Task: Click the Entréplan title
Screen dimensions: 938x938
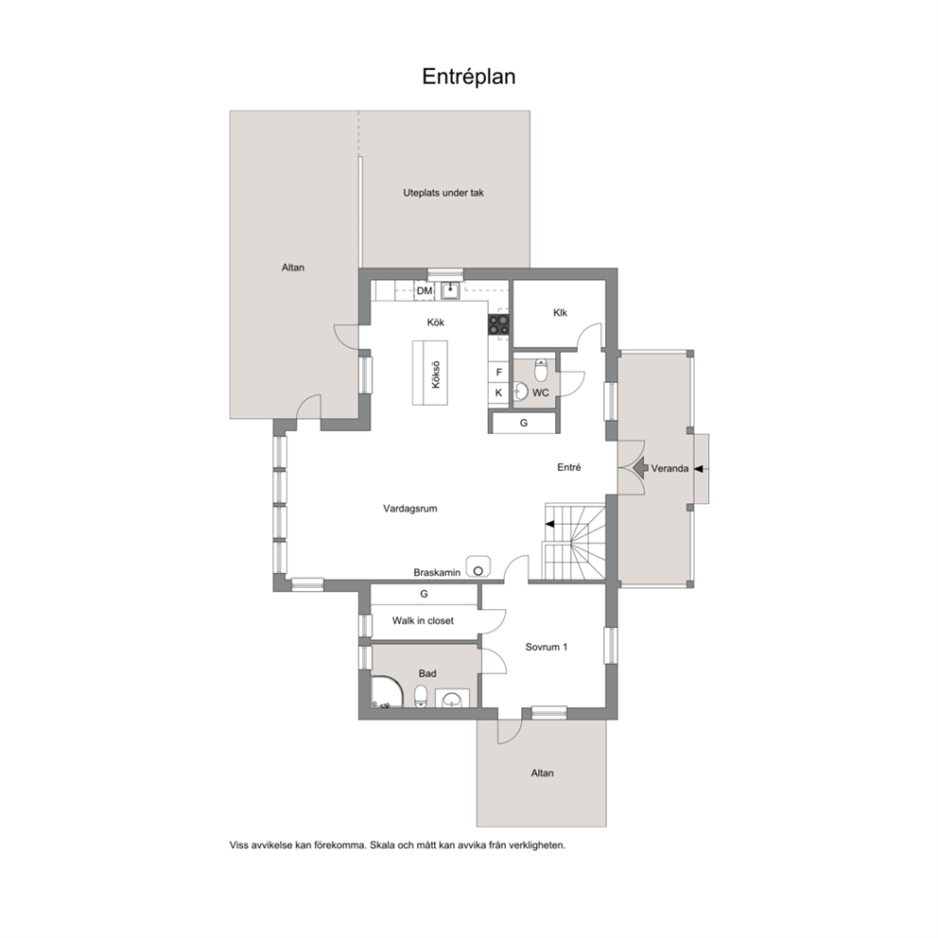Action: [468, 77]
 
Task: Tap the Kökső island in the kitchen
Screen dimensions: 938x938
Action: [430, 373]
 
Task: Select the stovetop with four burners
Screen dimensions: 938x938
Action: [499, 325]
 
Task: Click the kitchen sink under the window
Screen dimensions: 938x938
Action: [450, 290]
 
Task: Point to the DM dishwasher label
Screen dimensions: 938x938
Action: [425, 291]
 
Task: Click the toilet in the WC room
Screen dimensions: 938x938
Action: [541, 371]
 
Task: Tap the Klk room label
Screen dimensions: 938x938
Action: [560, 313]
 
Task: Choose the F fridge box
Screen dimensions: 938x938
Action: [499, 373]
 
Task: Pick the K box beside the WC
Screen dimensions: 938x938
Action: [499, 393]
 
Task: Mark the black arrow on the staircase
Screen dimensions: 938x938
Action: [549, 525]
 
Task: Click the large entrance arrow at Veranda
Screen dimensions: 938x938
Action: [640, 468]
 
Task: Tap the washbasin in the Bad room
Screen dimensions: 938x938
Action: [452, 699]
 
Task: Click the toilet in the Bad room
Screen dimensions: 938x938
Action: [421, 697]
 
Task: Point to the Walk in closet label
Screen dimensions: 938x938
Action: [423, 621]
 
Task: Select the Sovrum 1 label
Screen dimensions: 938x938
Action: [547, 648]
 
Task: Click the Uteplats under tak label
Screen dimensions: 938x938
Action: [443, 193]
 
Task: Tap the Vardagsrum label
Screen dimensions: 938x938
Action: [410, 509]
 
